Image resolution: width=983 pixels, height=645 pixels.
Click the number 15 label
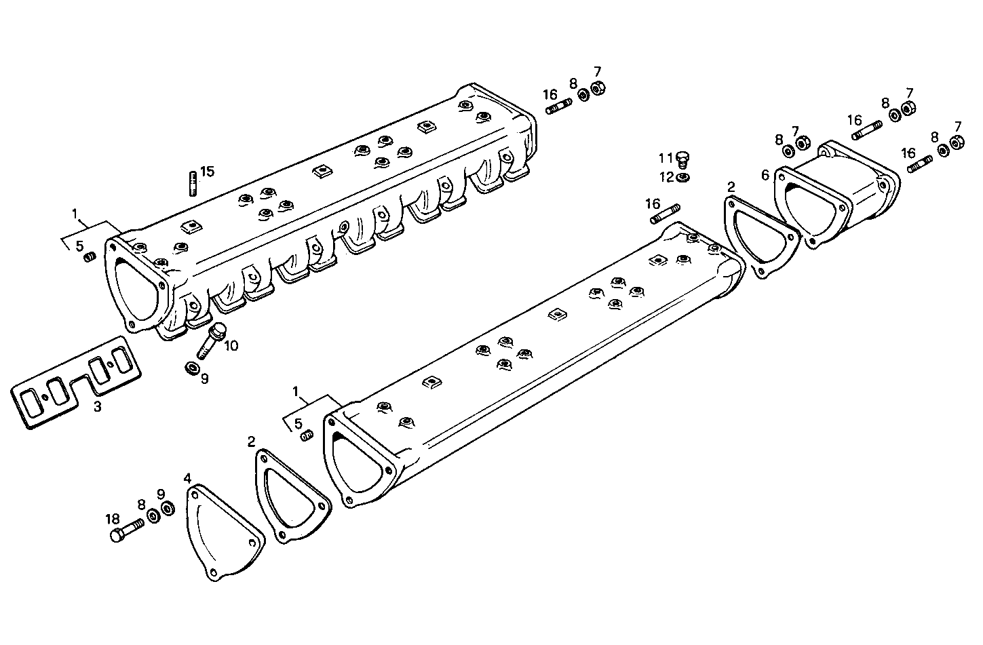click(207, 171)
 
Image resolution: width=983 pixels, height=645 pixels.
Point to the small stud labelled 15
click(192, 183)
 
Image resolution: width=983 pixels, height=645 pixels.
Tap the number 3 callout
click(98, 407)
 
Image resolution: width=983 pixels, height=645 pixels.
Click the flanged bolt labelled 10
click(212, 340)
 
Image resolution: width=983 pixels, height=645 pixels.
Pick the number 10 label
click(231, 345)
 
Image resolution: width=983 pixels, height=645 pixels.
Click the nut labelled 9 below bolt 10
click(192, 368)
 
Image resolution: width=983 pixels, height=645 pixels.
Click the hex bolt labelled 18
click(126, 530)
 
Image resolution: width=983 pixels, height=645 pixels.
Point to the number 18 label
click(113, 519)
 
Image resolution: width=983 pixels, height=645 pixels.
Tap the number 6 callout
click(765, 175)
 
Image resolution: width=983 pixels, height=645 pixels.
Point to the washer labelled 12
click(684, 178)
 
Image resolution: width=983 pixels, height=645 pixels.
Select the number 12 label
click(666, 177)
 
